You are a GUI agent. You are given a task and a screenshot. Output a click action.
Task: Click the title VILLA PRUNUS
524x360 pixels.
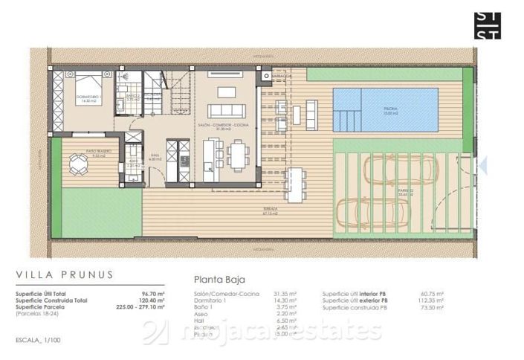65,274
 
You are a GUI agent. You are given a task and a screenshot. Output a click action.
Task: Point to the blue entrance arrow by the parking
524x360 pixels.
482,164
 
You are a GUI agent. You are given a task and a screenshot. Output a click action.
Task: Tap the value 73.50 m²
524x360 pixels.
431,306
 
